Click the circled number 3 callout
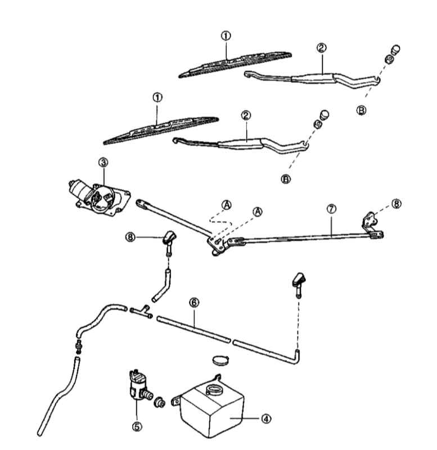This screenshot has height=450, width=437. pos(103,163)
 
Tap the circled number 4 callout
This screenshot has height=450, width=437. pos(266,418)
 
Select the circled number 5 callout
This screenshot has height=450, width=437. pos(137,426)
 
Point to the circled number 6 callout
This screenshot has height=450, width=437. pos(194,303)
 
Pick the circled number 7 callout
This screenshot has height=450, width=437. pos(331,209)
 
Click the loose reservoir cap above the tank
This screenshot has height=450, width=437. pos(220,360)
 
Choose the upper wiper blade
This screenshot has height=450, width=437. pos(235,64)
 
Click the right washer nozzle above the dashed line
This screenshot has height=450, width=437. pos(299,284)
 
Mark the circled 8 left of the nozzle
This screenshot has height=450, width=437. pos(130,237)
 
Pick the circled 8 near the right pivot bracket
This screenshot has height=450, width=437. pos(397,204)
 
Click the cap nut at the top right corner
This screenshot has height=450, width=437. pos(396,50)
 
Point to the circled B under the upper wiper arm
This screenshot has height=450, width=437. pos(361,110)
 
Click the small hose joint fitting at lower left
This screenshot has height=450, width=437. pos(78,346)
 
